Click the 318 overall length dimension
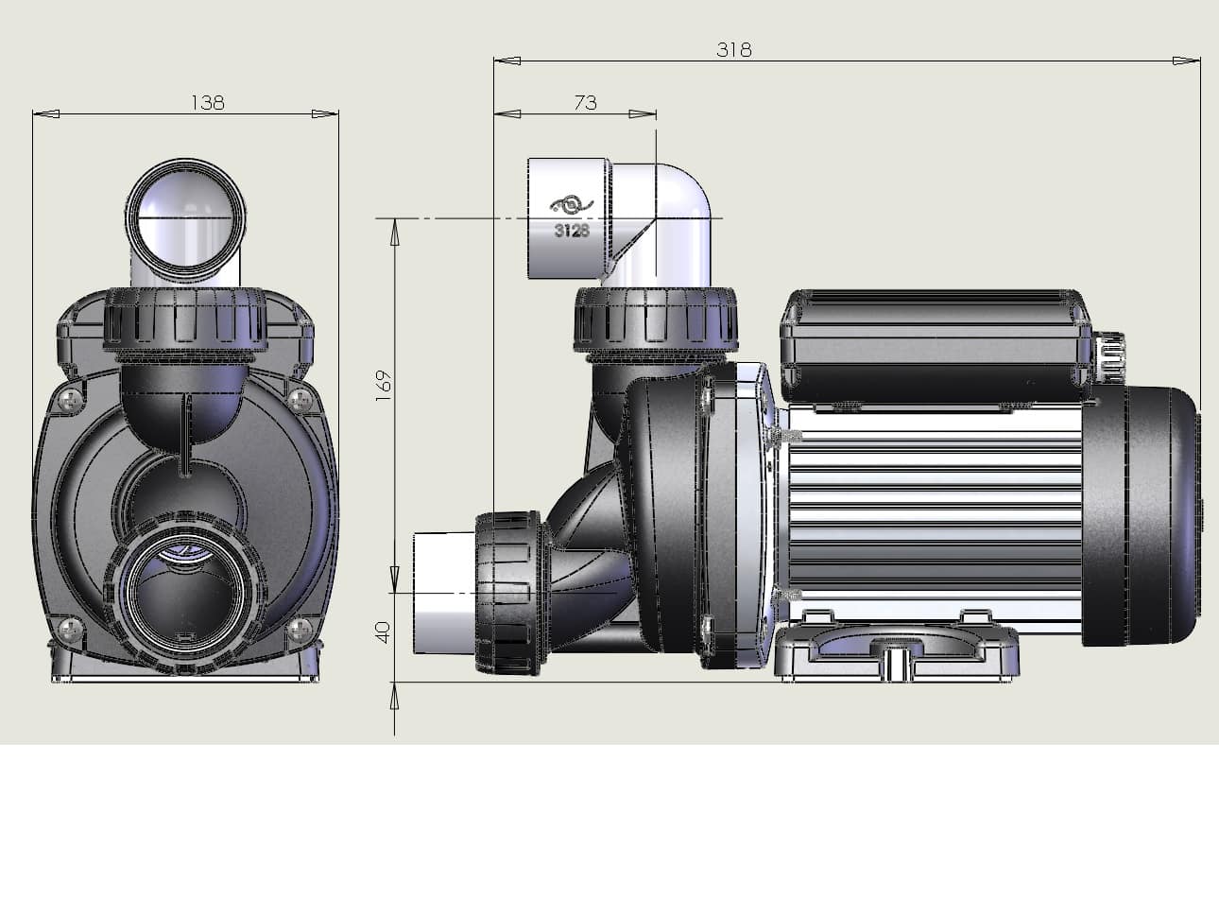733,50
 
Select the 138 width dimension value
208,103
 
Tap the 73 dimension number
585,103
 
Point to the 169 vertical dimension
384,386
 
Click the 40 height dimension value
384,632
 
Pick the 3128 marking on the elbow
572,230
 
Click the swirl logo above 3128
572,205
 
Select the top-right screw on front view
300,398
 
